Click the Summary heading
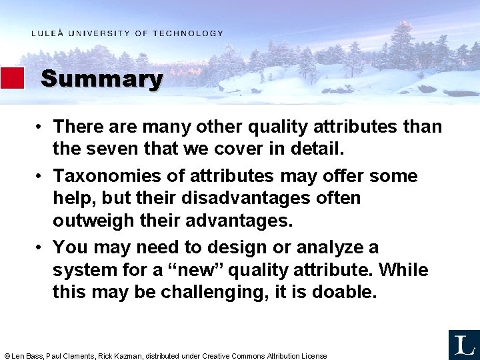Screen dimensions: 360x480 click(101, 79)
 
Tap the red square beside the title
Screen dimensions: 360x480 click(12, 78)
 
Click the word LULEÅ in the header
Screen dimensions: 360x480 click(47, 33)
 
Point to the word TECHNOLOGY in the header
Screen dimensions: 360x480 click(188, 33)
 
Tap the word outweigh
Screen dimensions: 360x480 click(93, 220)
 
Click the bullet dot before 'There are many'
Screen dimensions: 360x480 click(41, 127)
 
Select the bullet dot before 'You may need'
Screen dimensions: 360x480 click(41, 248)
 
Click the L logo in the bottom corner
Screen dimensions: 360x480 click(464, 345)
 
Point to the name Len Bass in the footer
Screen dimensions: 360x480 click(27, 356)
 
